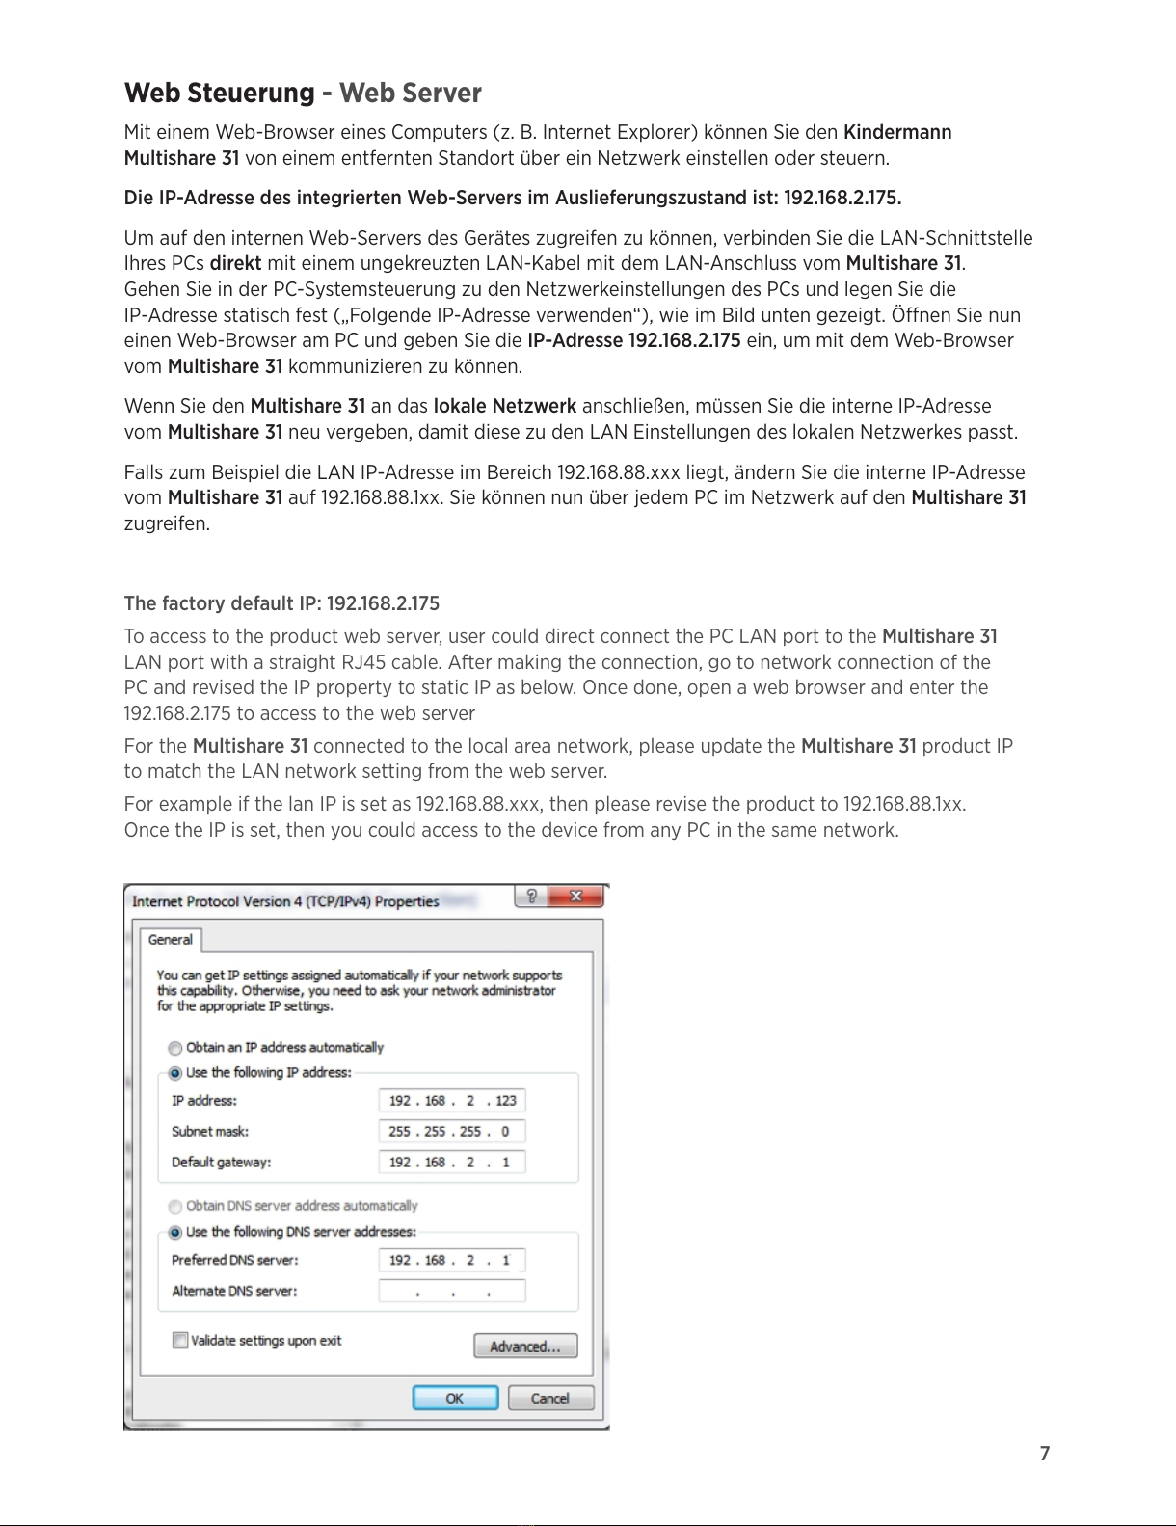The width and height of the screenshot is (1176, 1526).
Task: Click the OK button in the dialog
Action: pos(455,1398)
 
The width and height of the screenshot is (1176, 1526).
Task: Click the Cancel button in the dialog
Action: pos(550,1398)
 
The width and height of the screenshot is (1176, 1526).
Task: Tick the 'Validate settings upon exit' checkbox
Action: pos(180,1340)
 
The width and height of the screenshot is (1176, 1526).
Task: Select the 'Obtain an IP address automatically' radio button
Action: pos(175,1048)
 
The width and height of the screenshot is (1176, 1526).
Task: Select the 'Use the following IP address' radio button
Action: pos(175,1073)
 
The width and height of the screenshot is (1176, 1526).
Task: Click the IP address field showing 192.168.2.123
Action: pos(452,1101)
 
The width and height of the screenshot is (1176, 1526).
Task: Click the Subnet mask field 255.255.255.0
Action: pos(452,1132)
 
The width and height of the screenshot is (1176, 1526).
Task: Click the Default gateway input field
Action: pos(452,1163)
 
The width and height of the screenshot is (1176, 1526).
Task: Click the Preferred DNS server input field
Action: pos(452,1261)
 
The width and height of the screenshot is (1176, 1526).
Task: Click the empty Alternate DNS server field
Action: pos(452,1292)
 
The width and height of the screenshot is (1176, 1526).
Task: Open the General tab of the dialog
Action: pos(171,940)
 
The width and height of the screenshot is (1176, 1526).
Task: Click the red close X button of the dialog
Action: pos(575,897)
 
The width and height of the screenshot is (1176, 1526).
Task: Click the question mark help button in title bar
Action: pos(531,897)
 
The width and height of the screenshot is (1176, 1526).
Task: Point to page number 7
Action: pos(1045,1454)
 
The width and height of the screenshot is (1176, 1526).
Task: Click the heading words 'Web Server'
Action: pos(410,94)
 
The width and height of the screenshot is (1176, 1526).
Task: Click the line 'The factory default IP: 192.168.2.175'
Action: pos(281,603)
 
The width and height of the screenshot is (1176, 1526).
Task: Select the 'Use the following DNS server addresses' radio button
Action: pos(175,1232)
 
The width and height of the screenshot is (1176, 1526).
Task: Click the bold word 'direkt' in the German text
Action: pos(235,263)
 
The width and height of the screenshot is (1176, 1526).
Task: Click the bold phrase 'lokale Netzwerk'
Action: pos(505,406)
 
